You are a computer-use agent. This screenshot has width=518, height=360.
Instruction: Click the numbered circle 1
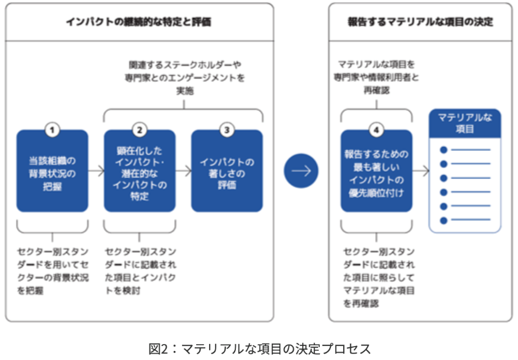pyautogui.click(x=52, y=130)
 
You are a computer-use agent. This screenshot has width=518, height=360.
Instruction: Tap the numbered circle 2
pyautogui.click(x=140, y=130)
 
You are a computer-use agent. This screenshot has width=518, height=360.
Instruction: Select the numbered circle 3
pyautogui.click(x=227, y=130)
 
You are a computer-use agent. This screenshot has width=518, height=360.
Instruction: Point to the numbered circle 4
pyautogui.click(x=376, y=130)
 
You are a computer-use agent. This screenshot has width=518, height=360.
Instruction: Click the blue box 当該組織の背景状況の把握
pyautogui.click(x=52, y=172)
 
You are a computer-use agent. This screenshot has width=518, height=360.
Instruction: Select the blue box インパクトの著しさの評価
pyautogui.click(x=227, y=172)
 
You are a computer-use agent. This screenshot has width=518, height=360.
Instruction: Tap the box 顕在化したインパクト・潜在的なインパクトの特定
pyautogui.click(x=140, y=172)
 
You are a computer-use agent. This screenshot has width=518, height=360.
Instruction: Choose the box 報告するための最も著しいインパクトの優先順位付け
pyautogui.click(x=376, y=172)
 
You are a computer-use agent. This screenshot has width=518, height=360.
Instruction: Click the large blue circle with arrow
pyautogui.click(x=301, y=171)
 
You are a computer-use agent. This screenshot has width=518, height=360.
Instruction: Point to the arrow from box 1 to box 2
pyautogui.click(x=96, y=171)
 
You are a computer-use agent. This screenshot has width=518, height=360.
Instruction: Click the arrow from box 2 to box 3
pyautogui.click(x=183, y=171)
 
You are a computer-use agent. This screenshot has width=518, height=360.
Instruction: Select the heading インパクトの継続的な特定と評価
pyautogui.click(x=139, y=22)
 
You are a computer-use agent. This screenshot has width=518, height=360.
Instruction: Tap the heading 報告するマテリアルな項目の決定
pyautogui.click(x=420, y=22)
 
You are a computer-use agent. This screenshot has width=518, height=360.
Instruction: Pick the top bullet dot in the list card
pyautogui.click(x=444, y=150)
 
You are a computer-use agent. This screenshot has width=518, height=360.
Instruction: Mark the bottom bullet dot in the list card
pyautogui.click(x=444, y=220)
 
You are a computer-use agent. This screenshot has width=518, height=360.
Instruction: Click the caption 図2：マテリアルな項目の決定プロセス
pyautogui.click(x=260, y=348)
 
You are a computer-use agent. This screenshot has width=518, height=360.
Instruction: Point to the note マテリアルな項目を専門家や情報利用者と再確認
pyautogui.click(x=376, y=77)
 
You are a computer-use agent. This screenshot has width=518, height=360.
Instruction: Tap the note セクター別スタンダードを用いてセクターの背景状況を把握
pyautogui.click(x=52, y=271)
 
